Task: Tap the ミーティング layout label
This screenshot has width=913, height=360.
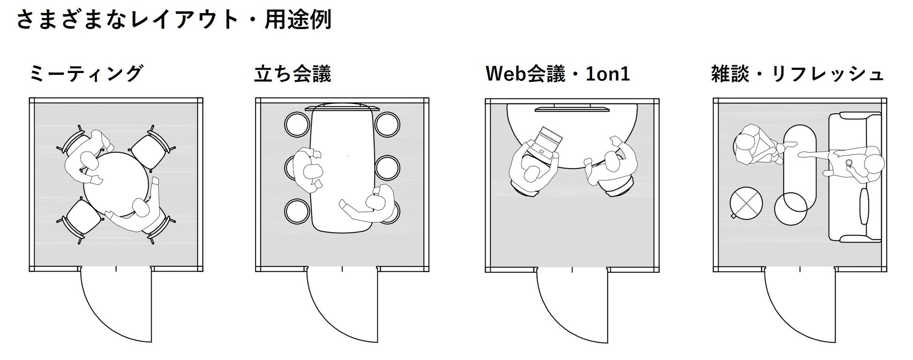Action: pyautogui.click(x=86, y=74)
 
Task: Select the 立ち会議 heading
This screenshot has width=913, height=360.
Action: pyautogui.click(x=293, y=74)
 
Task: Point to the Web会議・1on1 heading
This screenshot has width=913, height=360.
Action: pyautogui.click(x=558, y=74)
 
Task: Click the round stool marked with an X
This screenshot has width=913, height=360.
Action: pyautogui.click(x=746, y=203)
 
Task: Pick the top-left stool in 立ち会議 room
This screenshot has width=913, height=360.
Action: pyautogui.click(x=297, y=124)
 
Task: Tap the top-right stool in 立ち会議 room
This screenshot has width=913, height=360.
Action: pyautogui.click(x=387, y=124)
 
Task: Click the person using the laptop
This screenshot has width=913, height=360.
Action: pyautogui.click(x=531, y=171)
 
